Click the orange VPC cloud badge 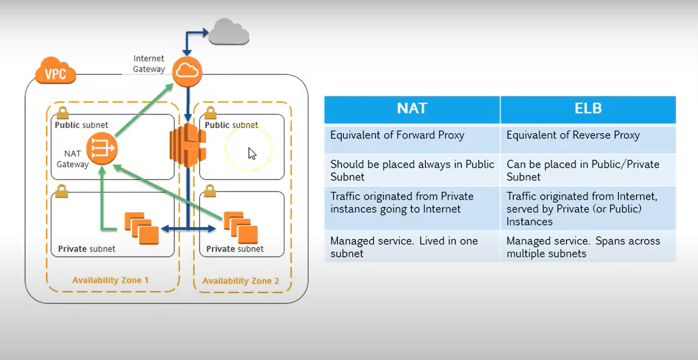[x=56, y=71]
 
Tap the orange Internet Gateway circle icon [x=187, y=71]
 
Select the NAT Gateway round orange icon [x=102, y=148]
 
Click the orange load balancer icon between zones [x=188, y=145]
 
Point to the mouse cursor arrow [x=252, y=153]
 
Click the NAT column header [x=412, y=109]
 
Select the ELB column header [x=588, y=109]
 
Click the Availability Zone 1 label [x=110, y=280]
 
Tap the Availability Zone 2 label [x=241, y=281]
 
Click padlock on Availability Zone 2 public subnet [x=210, y=113]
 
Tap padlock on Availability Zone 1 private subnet [x=62, y=191]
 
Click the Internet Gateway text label [x=149, y=64]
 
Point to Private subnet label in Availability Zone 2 [x=234, y=249]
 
